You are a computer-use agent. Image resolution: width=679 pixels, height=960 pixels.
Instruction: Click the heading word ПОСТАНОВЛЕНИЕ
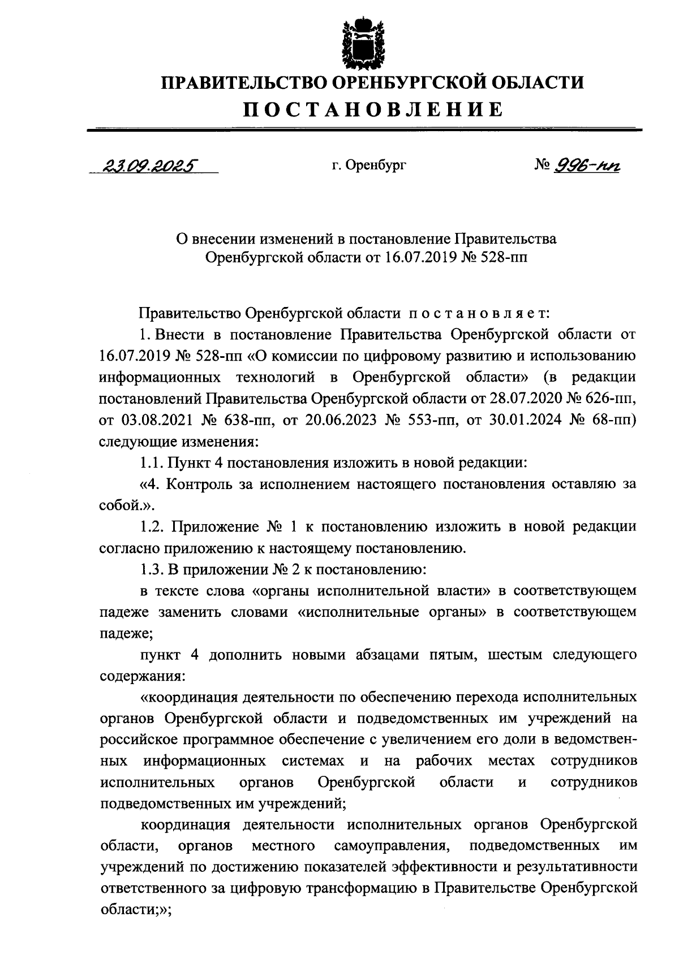click(373, 109)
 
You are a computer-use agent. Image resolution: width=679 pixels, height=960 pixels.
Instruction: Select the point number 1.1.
click(152, 462)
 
